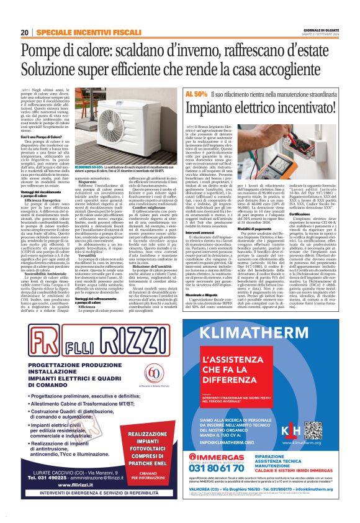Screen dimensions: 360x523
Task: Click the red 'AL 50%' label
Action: (196, 93)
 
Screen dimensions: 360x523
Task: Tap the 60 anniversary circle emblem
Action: (153, 373)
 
